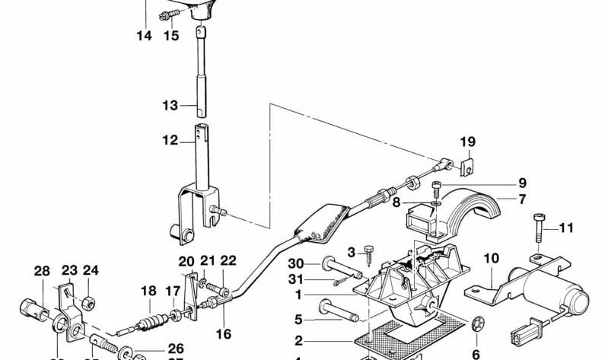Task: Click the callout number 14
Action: pyautogui.click(x=145, y=35)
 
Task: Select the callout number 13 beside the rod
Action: pyautogui.click(x=169, y=105)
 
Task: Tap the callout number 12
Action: pyautogui.click(x=169, y=140)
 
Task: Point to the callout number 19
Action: pyautogui.click(x=467, y=142)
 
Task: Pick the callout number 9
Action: pyautogui.click(x=523, y=183)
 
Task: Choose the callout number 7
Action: pyautogui.click(x=523, y=200)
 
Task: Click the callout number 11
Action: pyautogui.click(x=567, y=228)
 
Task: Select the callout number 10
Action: pyautogui.click(x=491, y=259)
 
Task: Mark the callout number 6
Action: pyautogui.click(x=476, y=354)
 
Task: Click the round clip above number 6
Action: pyautogui.click(x=478, y=326)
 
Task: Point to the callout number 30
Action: pyautogui.click(x=296, y=263)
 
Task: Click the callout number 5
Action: pyautogui.click(x=299, y=319)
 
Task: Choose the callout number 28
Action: pyautogui.click(x=41, y=270)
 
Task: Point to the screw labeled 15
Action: pyautogui.click(x=165, y=16)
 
